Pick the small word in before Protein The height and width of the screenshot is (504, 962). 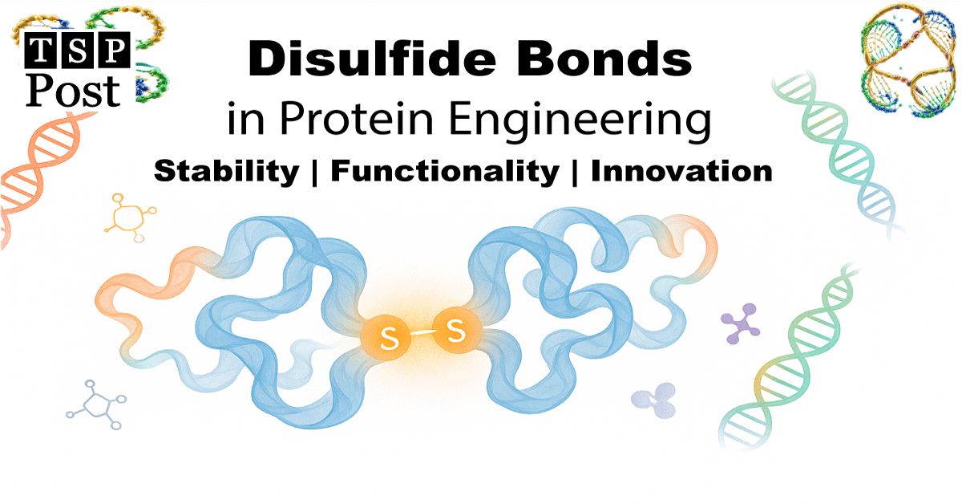244,120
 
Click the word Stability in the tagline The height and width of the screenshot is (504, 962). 225,171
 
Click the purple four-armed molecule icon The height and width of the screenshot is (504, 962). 741,323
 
